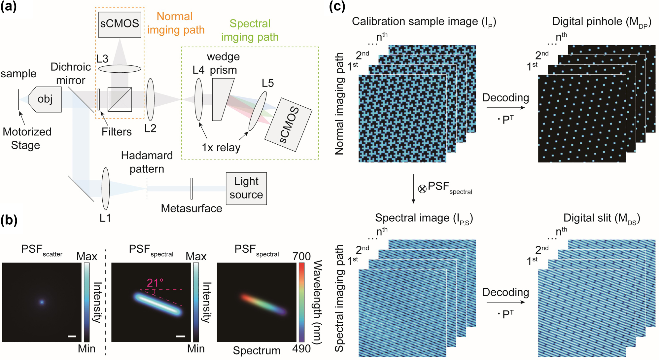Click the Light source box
[x=246, y=188]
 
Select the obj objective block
[x=46, y=99]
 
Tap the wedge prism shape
[x=221, y=99]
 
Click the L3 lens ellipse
[x=120, y=69]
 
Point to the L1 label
[x=105, y=218]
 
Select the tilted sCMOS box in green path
[x=288, y=125]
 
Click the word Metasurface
[x=191, y=208]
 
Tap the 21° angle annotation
[x=155, y=283]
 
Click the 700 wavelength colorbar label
[x=301, y=256]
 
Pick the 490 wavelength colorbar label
[x=301, y=349]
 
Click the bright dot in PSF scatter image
[x=42, y=302]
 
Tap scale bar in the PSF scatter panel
[x=72, y=336]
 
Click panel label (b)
[x=9, y=220]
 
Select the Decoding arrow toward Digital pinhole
[x=505, y=108]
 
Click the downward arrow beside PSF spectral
[x=413, y=189]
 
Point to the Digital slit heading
[x=601, y=218]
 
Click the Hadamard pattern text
[x=147, y=162]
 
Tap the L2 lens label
[x=150, y=128]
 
